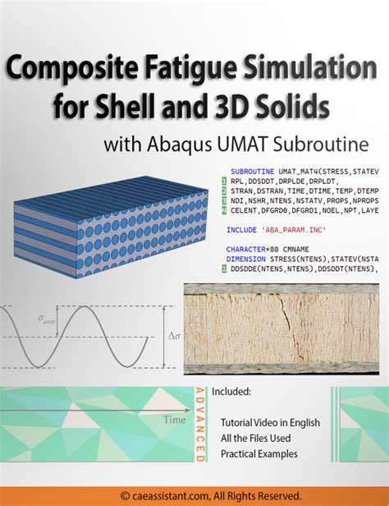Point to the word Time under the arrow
[x=174, y=419]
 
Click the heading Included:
[x=231, y=391]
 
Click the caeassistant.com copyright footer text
[x=194, y=495]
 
